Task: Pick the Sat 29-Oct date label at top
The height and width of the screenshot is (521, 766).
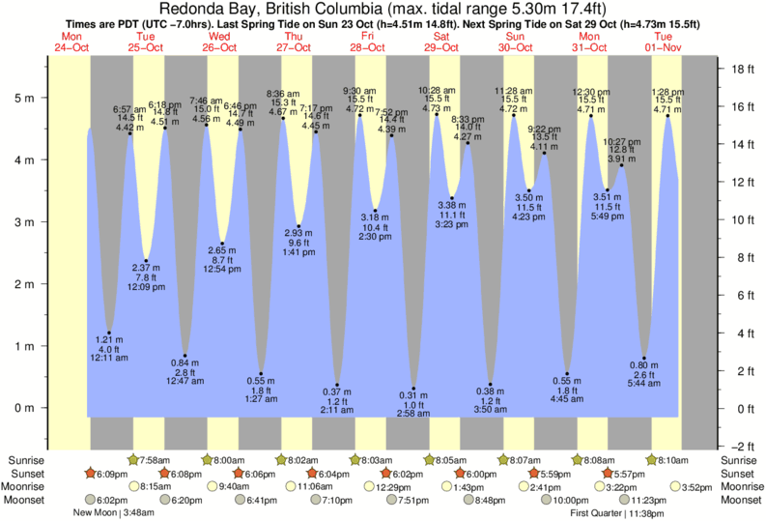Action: [440, 42]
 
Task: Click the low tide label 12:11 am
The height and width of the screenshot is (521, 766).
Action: [108, 359]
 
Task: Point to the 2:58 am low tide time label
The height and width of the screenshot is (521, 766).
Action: [414, 413]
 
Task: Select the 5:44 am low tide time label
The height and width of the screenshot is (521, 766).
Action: [644, 384]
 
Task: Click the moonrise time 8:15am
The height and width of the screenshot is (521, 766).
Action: [156, 487]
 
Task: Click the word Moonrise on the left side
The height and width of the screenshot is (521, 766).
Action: [28, 487]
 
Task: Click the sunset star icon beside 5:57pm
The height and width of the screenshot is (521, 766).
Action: [608, 474]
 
